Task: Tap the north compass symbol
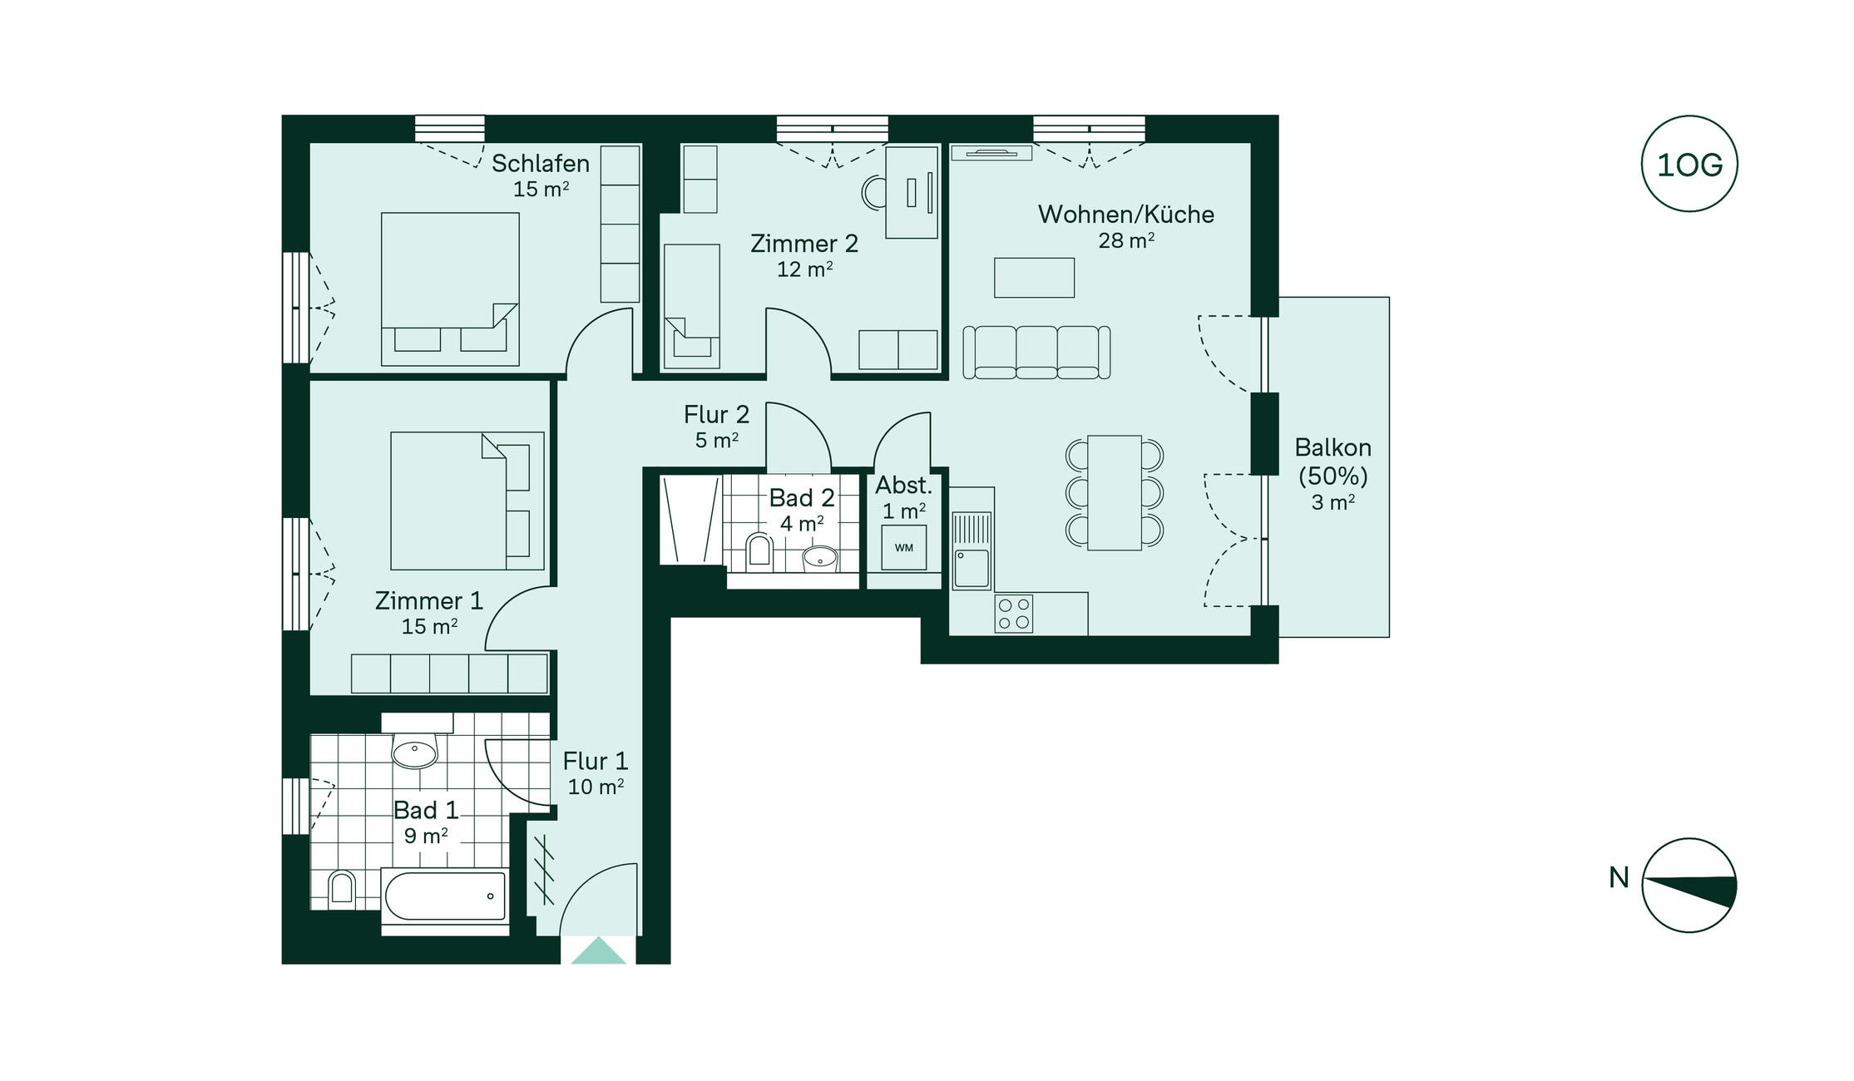coord(1689,885)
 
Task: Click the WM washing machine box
coord(904,547)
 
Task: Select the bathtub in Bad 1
coord(445,896)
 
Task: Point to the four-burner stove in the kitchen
coord(1014,614)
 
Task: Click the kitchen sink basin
coord(971,568)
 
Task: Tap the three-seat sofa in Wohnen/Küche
coord(1036,353)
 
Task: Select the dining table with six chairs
coord(1115,492)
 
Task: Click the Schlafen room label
coord(541,163)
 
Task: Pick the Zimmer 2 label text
coord(804,244)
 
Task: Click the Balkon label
coord(1333,447)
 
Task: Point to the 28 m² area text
coord(1126,240)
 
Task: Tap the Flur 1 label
coord(596,761)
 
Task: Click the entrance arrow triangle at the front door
coord(598,950)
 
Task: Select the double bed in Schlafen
coord(450,289)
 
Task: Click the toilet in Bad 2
coord(759,550)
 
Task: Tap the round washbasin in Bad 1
coord(414,753)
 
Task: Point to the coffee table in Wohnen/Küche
coord(1034,277)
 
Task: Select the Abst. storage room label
coord(903,485)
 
